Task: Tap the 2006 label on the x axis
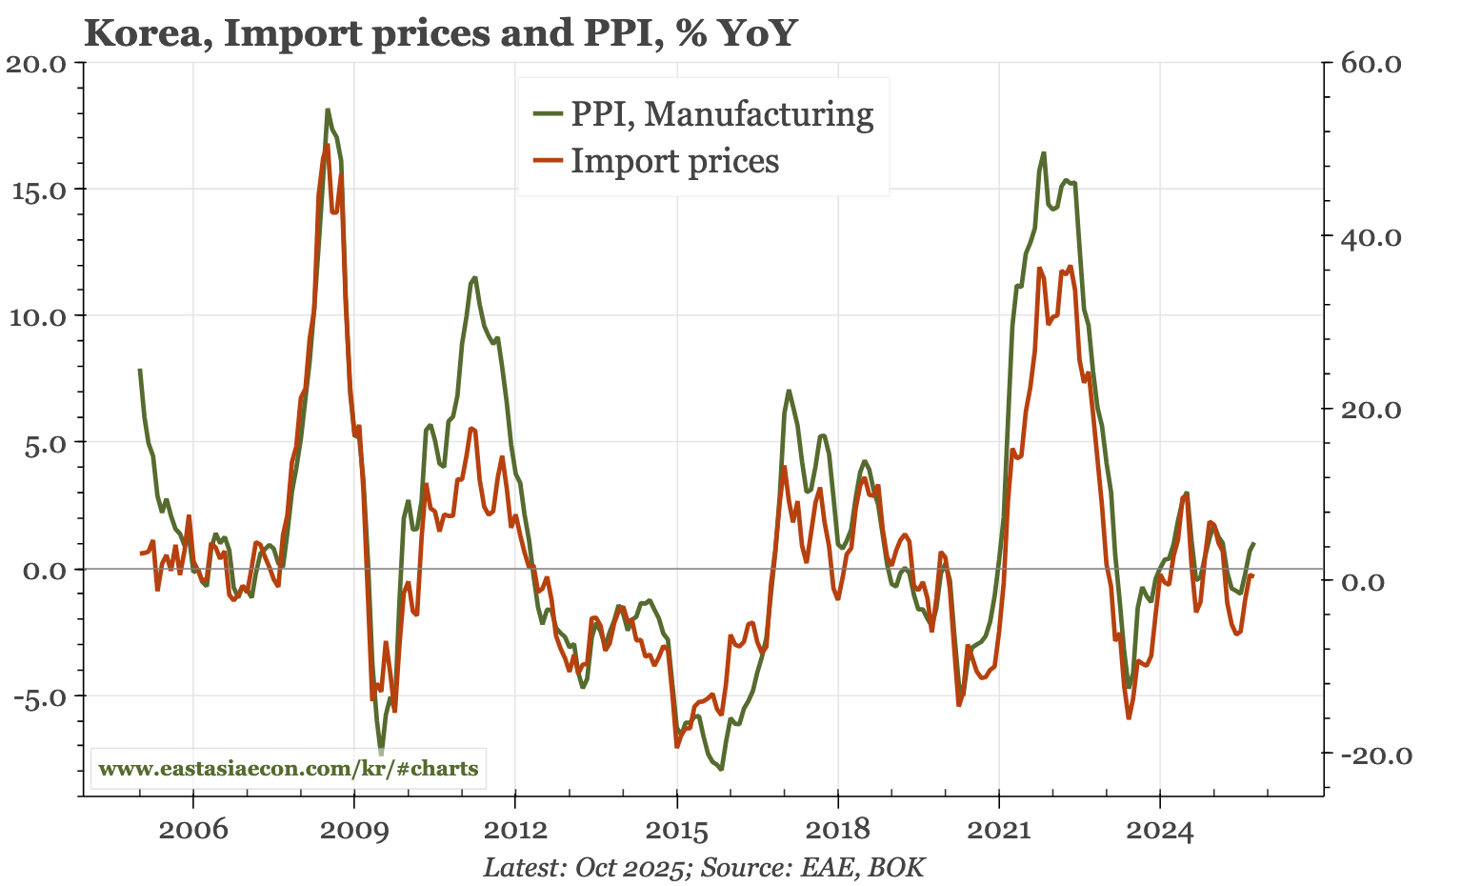click(x=193, y=830)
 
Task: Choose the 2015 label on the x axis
click(x=676, y=830)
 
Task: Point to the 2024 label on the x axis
click(x=1159, y=830)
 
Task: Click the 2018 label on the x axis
click(x=837, y=830)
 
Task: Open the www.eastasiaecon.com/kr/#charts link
click(x=289, y=768)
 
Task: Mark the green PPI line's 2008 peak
click(x=328, y=111)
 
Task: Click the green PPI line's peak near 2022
click(x=1044, y=152)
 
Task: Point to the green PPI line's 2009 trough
click(x=381, y=751)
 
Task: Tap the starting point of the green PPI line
click(x=140, y=370)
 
